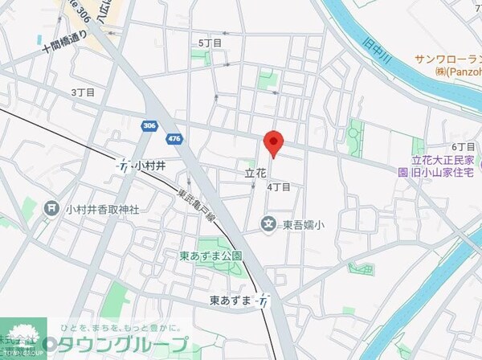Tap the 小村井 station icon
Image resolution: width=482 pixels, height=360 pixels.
pos(124,166)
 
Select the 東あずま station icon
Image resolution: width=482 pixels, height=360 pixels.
pos(263,300)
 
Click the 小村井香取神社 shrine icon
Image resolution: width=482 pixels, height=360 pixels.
pos(51,209)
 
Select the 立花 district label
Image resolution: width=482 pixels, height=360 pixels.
pos(255,173)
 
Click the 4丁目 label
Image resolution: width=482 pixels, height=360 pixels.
pos(278,186)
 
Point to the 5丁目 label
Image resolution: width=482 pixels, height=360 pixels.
pos(210,43)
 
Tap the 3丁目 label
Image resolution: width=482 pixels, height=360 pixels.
pos(83,92)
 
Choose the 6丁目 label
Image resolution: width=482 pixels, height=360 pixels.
pos(464,147)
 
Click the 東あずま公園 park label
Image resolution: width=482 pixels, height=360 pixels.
pos(211,257)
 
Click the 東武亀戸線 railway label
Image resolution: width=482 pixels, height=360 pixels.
pos(196,205)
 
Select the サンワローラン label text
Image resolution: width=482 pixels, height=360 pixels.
pos(447,59)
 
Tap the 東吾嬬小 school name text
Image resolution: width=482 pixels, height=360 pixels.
pos(303,226)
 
